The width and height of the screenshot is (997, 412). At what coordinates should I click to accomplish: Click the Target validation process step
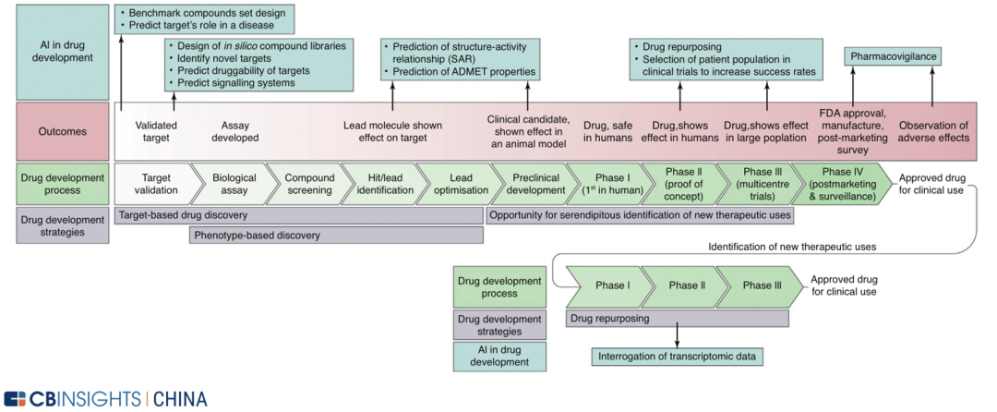coord(153,183)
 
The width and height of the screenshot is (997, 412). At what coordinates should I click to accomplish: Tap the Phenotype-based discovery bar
coord(336,236)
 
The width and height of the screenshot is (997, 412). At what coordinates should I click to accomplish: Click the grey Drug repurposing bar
coord(676,318)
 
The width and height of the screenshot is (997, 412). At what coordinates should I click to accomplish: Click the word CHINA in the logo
coord(180,399)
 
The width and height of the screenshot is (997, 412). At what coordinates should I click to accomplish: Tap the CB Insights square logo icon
coord(16,399)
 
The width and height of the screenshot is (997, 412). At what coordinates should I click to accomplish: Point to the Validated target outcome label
coord(156,131)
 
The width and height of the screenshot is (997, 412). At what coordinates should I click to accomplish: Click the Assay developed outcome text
coord(240,131)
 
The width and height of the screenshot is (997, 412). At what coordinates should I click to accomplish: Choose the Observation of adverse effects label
coord(933,131)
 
